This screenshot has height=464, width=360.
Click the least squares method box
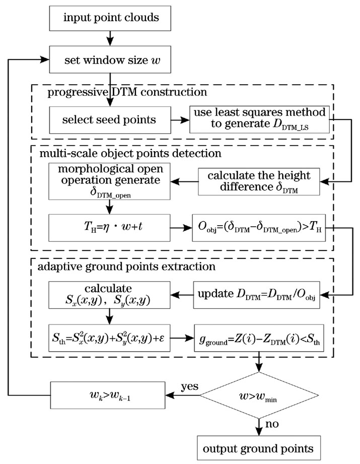coord(260,120)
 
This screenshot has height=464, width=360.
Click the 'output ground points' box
coord(260,448)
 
